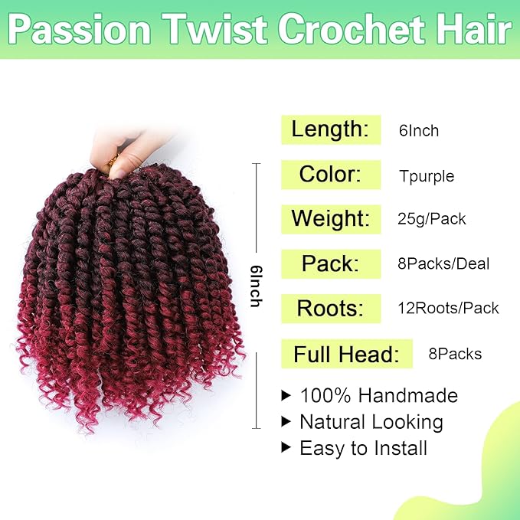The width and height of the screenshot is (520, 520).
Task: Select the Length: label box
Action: [331, 129]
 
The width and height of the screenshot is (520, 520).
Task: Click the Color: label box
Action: [331, 175]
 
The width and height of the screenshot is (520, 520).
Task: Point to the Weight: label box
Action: [331, 219]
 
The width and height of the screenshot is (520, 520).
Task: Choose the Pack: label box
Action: [331, 264]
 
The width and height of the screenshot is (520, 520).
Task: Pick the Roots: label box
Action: [331, 309]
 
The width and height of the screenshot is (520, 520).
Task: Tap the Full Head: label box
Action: [347, 355]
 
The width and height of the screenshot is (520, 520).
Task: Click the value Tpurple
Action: [427, 176]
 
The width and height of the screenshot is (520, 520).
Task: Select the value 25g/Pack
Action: [432, 220]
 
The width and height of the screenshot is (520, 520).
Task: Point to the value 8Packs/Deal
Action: [443, 264]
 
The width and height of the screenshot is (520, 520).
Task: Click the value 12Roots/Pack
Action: [449, 309]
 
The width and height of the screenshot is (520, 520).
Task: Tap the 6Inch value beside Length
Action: [419, 131]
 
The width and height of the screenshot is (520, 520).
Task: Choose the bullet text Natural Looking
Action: [371, 422]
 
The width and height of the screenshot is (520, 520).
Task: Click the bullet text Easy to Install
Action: [364, 448]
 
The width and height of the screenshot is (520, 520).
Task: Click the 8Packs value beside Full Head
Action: [455, 354]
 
